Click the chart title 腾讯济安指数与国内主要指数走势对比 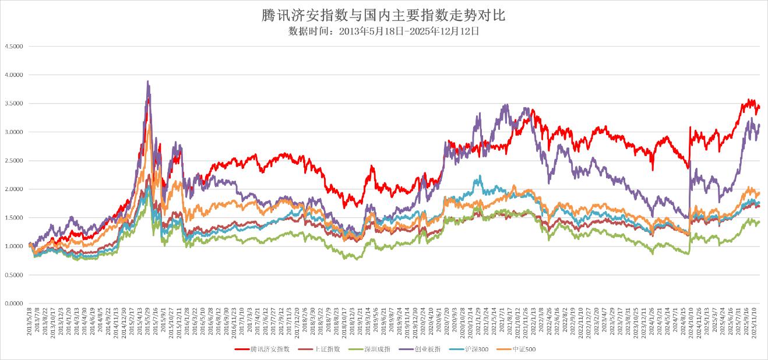(x=383, y=15)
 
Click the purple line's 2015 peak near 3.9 (x=147, y=82)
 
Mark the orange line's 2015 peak (x=149, y=124)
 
